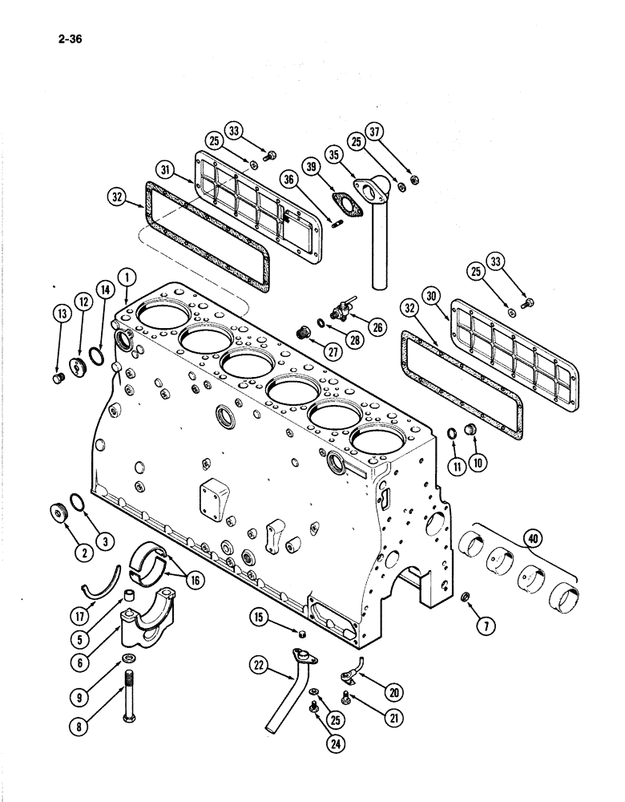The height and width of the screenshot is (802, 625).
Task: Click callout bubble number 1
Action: click(x=126, y=278)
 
